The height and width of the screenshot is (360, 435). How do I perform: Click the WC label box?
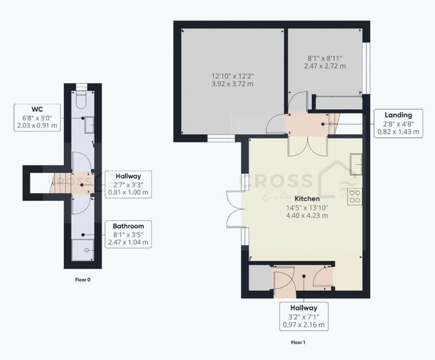37,118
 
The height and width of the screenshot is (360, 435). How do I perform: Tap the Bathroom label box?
128,234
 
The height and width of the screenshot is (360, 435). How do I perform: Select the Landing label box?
398,123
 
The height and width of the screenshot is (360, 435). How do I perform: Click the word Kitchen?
307,199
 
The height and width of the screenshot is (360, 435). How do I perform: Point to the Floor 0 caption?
83,280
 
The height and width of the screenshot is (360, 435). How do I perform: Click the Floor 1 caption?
298,343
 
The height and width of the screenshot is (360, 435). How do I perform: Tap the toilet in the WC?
82,100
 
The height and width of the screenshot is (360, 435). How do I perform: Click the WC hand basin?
89,124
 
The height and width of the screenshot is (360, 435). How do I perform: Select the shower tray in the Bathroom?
83,250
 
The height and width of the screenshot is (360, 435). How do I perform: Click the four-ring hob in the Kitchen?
354,196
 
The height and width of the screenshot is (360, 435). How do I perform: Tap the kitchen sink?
356,164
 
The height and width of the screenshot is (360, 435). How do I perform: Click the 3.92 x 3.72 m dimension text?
233,84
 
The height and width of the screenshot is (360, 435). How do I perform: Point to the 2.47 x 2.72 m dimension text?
325,66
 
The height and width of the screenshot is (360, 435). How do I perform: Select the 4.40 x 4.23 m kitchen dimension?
307,215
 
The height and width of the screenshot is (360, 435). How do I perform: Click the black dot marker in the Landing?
323,124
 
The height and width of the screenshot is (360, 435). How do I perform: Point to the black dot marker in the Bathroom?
83,235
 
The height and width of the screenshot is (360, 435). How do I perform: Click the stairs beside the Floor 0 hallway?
60,183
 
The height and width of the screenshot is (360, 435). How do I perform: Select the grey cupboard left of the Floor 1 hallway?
260,278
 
